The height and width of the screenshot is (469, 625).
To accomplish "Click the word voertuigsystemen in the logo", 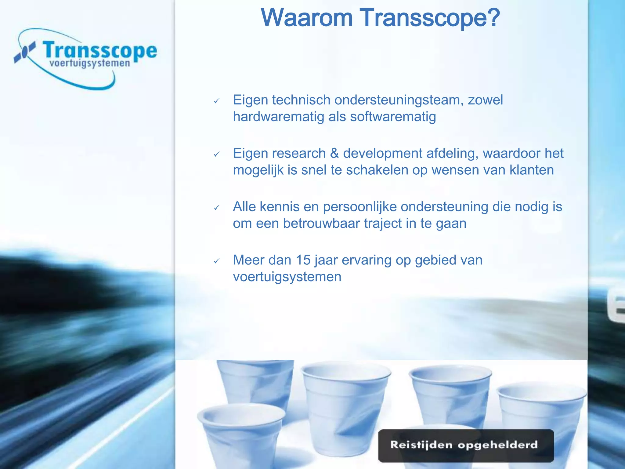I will click(90, 64).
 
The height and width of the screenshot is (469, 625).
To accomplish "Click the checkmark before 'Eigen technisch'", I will click(217, 101).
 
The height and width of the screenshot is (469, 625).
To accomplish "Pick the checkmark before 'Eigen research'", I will click(217, 154).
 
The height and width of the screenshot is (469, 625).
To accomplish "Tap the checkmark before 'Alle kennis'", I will click(217, 208).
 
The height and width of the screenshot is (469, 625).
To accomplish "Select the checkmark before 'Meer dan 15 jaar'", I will click(217, 261).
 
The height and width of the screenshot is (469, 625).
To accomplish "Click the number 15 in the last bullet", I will click(303, 260).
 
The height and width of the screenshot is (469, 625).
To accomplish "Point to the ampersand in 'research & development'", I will click(334, 153).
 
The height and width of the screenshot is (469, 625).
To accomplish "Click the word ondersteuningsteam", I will click(399, 100).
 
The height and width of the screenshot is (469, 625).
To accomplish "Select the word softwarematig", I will click(393, 117).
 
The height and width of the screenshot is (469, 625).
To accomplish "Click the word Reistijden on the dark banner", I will click(421, 445).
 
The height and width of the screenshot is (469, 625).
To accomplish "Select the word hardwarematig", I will click(278, 117).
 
